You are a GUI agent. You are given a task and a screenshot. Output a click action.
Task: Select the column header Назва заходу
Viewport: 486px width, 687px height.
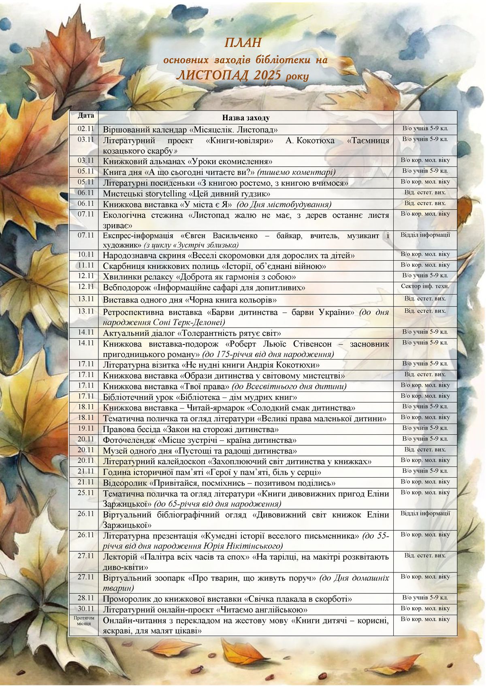click(245, 118)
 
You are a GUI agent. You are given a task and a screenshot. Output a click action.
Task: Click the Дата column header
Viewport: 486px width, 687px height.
click(86, 115)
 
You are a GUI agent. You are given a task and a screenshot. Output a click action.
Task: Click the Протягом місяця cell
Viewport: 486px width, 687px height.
click(84, 621)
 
